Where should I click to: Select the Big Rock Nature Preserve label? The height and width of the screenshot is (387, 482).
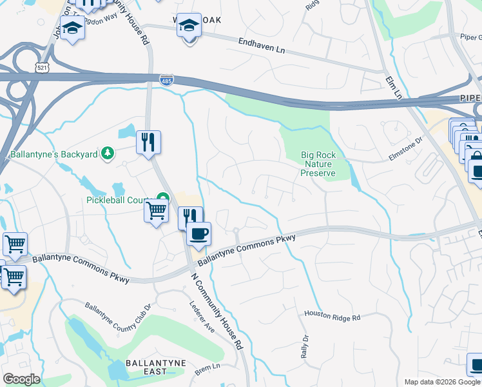pyautogui.click(x=318, y=164)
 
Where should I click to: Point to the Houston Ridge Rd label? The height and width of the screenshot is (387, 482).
pyautogui.click(x=332, y=317)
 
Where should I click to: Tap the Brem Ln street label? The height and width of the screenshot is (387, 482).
pyautogui.click(x=207, y=366)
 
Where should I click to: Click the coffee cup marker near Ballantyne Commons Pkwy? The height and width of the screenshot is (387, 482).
pyautogui.click(x=198, y=233)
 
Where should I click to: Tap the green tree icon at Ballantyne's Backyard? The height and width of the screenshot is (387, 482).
pyautogui.click(x=108, y=153)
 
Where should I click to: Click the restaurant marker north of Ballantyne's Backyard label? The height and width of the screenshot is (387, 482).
pyautogui.click(x=149, y=141)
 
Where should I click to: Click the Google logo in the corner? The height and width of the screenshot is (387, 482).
pyautogui.click(x=21, y=379)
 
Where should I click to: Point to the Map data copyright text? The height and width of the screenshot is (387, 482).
pyautogui.click(x=442, y=382)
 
